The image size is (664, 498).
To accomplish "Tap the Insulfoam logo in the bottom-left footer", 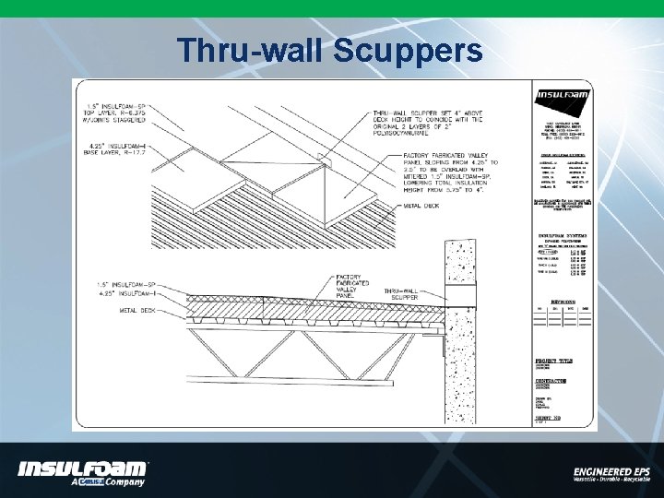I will pos(82,468).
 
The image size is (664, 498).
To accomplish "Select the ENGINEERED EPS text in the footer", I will pos(611,471).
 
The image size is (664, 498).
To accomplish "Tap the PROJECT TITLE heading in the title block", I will pos(554,361).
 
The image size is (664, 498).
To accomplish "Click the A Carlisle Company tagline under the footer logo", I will pos(109,481).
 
